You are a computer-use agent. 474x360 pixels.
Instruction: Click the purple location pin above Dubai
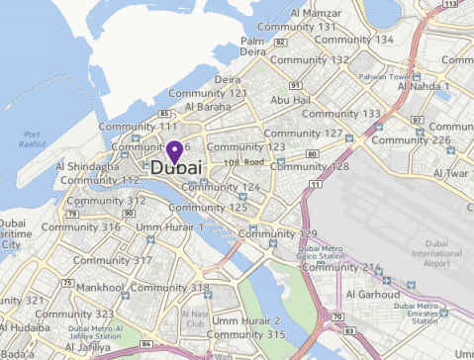[x=174, y=151]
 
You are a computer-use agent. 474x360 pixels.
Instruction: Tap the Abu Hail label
[x=291, y=101]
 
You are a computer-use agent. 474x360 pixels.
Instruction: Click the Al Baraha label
[x=208, y=107]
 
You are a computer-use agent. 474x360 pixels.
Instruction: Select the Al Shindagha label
[x=87, y=167]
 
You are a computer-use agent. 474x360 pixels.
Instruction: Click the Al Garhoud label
[x=371, y=294]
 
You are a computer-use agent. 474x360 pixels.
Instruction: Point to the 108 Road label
[x=244, y=161]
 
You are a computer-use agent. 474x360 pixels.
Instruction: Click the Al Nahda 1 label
[x=424, y=87]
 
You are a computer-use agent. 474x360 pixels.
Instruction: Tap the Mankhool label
[x=99, y=288]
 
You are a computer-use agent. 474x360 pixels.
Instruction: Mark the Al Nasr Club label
[x=195, y=317]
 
